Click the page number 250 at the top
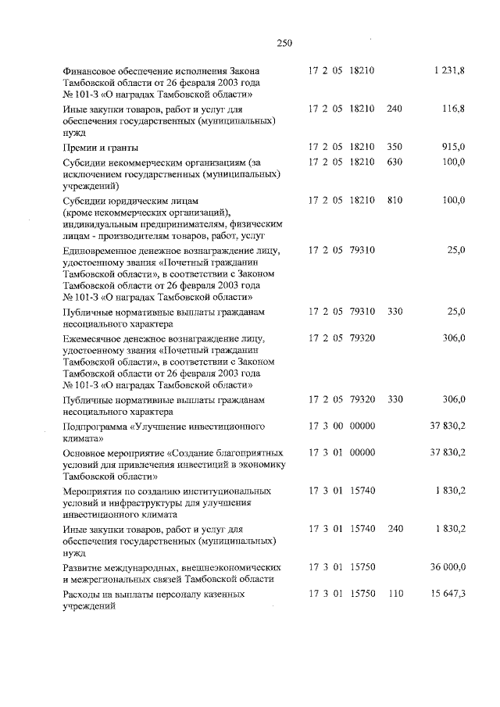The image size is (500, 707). pyautogui.click(x=284, y=44)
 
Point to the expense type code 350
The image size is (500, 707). pyautogui.click(x=395, y=147)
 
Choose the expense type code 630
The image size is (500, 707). pyautogui.click(x=395, y=162)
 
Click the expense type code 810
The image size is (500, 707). pyautogui.click(x=395, y=200)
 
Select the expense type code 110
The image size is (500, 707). pyautogui.click(x=395, y=594)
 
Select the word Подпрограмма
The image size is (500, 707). pyautogui.click(x=95, y=427)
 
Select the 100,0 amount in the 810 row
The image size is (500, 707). pyautogui.click(x=453, y=200)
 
